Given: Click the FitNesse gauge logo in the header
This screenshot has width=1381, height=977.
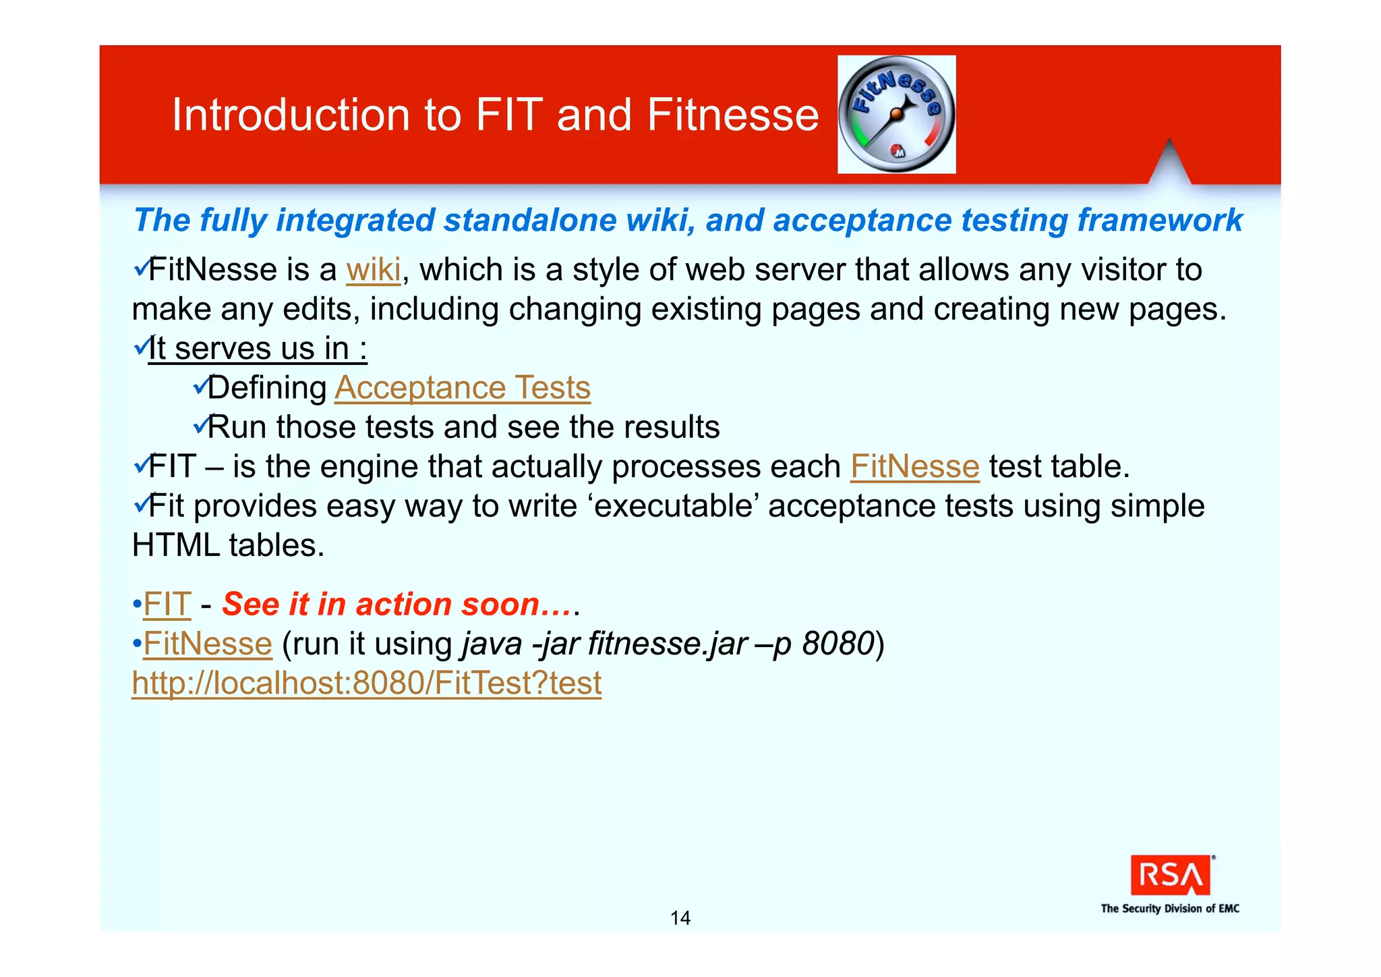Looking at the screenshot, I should tap(896, 115).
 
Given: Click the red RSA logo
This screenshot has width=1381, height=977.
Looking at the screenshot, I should tap(1170, 875).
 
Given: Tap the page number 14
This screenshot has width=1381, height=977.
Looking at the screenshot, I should tap(680, 918).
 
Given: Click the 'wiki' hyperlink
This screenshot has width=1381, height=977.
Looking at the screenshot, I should tap(374, 270).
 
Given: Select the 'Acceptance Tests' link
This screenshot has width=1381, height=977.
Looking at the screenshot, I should tap(463, 388).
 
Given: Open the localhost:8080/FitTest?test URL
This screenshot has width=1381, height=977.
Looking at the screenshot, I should tap(366, 683).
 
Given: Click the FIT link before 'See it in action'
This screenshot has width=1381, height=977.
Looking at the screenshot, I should tap(167, 605).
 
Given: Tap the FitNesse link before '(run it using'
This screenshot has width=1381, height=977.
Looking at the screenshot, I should tap(208, 644).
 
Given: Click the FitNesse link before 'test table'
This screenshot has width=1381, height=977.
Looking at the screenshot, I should tap(914, 467).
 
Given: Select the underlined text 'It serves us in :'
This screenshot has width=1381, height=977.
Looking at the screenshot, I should tap(258, 349).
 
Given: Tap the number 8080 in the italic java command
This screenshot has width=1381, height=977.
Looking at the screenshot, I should tap(838, 644).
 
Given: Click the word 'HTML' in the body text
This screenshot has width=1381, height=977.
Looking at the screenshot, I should tap(175, 545).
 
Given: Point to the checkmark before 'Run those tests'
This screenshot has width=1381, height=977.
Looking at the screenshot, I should tap(201, 425).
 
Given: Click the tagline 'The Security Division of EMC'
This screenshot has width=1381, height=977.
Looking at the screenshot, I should tap(1170, 908).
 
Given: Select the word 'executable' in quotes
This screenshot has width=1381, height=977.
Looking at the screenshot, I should tap(673, 506).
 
